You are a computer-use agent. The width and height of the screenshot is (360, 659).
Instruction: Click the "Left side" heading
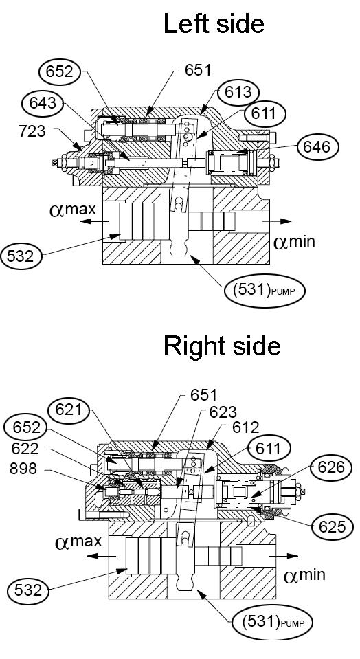click(x=214, y=23)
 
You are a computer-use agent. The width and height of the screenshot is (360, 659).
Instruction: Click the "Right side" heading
click(x=222, y=346)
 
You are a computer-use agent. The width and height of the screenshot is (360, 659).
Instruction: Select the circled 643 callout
click(x=43, y=102)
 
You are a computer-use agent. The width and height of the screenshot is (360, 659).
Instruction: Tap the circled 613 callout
click(x=238, y=92)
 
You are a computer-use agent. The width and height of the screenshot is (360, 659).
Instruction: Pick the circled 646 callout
click(x=317, y=147)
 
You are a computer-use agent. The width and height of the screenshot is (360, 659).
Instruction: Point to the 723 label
click(x=32, y=131)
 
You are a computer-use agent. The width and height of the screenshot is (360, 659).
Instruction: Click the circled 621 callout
click(x=69, y=410)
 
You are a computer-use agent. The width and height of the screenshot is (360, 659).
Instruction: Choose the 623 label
click(x=222, y=412)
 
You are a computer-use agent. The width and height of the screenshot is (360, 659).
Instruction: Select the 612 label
click(x=246, y=427)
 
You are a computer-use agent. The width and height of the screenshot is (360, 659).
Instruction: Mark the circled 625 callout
click(x=332, y=526)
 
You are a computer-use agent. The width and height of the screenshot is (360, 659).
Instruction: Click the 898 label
click(x=23, y=469)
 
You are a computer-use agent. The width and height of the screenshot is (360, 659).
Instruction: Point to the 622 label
click(x=25, y=449)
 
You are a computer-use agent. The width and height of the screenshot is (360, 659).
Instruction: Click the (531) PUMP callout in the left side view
click(x=265, y=291)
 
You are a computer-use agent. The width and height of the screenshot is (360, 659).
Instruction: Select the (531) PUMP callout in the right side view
click(x=272, y=622)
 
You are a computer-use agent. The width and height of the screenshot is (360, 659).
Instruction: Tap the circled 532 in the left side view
click(x=21, y=256)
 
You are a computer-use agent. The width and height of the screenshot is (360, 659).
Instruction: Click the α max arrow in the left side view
click(x=95, y=221)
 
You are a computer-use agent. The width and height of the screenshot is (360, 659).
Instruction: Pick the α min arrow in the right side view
click(x=284, y=556)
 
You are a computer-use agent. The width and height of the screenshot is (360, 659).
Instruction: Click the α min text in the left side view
click(x=294, y=242)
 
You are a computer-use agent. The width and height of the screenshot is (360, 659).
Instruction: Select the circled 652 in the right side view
click(x=25, y=427)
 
